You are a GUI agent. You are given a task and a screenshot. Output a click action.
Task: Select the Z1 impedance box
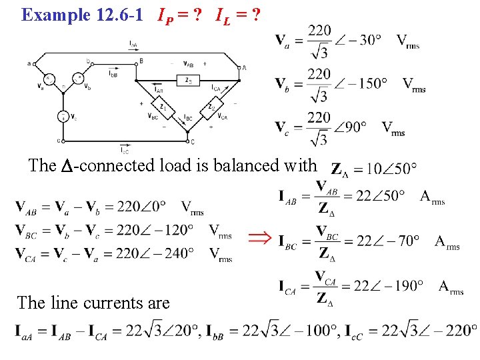(162, 105)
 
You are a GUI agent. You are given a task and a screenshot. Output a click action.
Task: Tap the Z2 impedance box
(211, 105)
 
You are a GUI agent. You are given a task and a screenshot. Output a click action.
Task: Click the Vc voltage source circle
(64, 116)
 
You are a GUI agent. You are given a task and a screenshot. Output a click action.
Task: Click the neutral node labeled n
(64, 85)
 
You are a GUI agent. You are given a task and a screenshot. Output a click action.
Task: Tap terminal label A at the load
(245, 68)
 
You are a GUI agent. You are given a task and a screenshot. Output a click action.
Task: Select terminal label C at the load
(193, 141)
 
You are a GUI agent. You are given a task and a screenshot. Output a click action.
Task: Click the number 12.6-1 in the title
(117, 15)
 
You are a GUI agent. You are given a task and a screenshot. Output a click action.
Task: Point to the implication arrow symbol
(259, 238)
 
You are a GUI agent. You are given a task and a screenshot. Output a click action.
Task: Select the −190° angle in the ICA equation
(403, 285)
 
